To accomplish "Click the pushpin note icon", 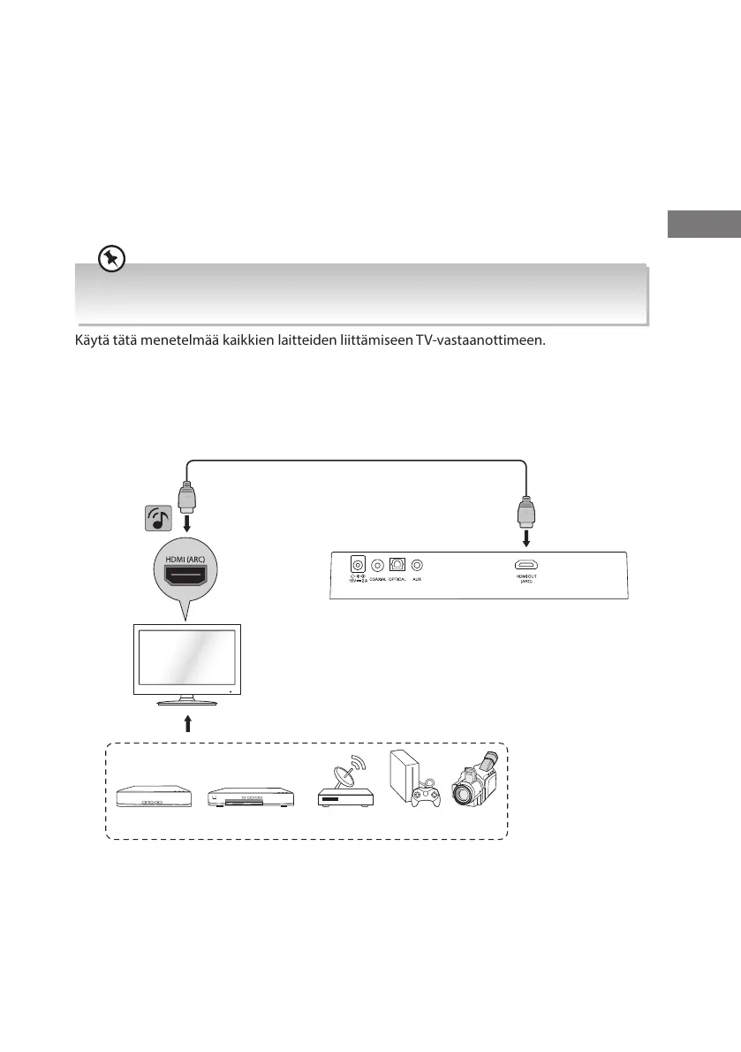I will click(x=111, y=258).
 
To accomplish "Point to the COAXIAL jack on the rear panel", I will click(x=378, y=564).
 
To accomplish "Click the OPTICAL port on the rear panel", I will click(x=397, y=564).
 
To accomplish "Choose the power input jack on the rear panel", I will click(x=358, y=564).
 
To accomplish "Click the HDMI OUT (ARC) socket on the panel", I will click(x=527, y=564).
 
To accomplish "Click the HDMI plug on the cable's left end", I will click(x=186, y=499).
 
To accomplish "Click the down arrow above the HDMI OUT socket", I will click(x=527, y=539).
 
